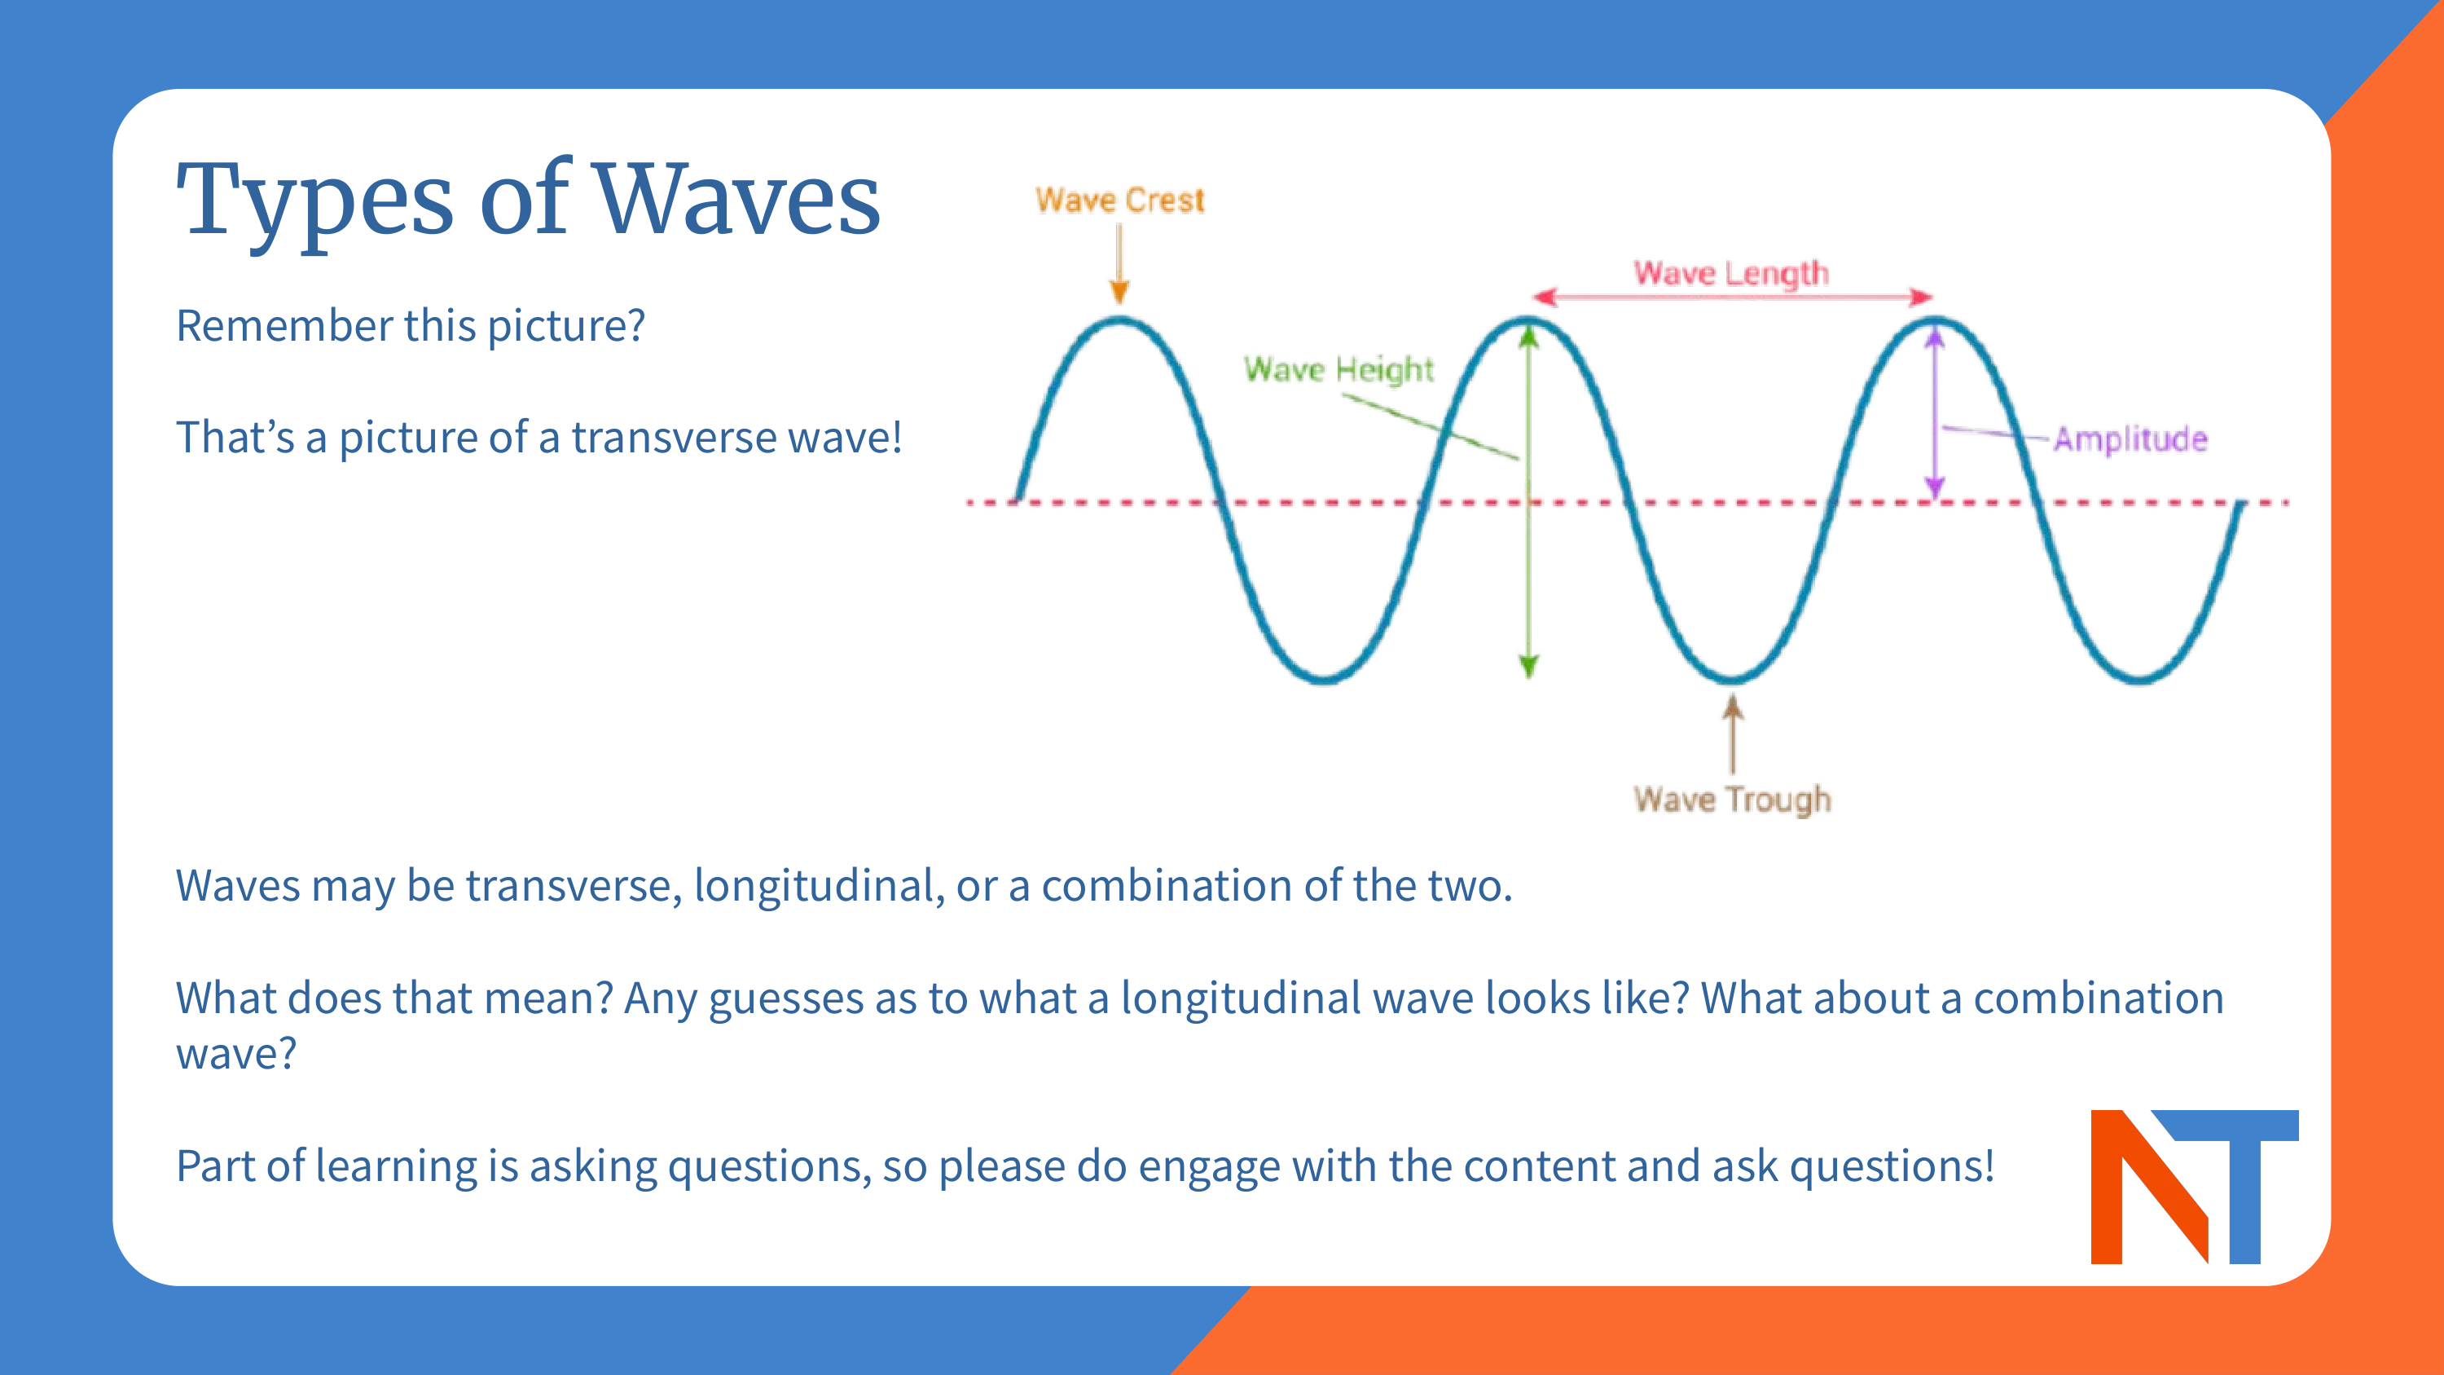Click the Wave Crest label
point(1119,201)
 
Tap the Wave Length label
point(1730,273)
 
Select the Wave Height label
point(1338,369)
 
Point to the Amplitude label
point(2130,439)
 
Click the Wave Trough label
point(1731,799)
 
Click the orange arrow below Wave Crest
point(1119,266)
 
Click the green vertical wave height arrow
point(1528,570)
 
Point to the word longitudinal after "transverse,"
point(819,885)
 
